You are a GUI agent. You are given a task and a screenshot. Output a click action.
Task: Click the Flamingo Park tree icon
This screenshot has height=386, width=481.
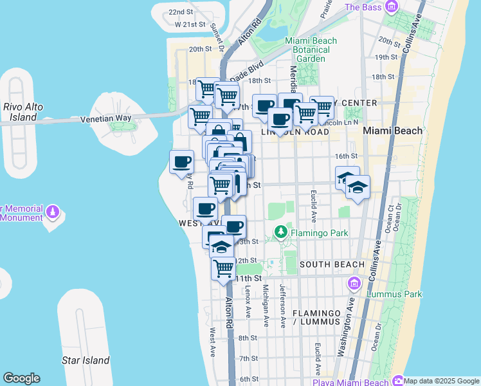pos(280,231)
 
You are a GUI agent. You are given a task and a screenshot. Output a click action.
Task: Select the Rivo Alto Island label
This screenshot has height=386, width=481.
pos(19,113)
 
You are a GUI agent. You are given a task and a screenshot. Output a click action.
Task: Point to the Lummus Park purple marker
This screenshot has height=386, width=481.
pos(354,283)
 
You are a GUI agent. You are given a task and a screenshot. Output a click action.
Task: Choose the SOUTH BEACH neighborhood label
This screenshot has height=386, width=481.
pos(332,264)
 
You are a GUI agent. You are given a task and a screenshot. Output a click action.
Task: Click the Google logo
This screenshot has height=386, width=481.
pos(21,378)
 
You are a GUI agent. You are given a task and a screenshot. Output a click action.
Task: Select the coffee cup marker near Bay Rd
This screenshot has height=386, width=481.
pos(181,161)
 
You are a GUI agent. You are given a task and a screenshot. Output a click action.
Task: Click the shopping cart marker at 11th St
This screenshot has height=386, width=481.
pos(223,267)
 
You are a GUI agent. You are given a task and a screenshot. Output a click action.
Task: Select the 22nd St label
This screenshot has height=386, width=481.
pos(181,12)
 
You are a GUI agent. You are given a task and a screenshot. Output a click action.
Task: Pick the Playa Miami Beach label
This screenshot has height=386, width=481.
pos(351,382)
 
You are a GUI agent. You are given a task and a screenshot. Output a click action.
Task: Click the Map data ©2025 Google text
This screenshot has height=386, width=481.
pos(442,381)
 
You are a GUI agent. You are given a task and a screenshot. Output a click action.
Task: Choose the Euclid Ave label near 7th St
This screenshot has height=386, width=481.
pos(317,358)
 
